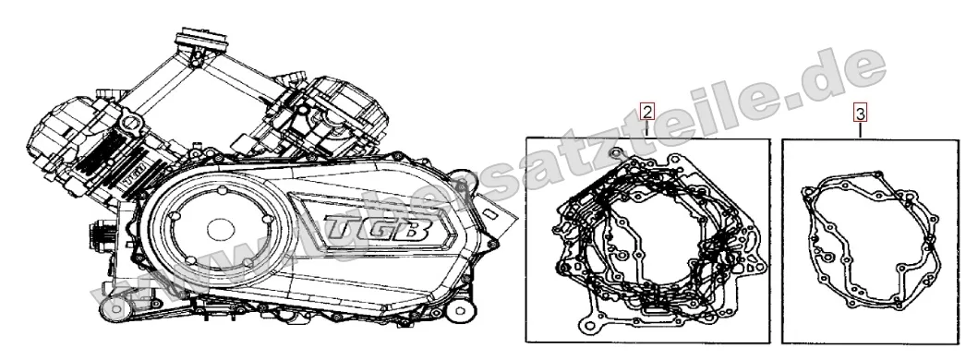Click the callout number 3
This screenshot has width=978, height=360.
pyautogui.click(x=859, y=114)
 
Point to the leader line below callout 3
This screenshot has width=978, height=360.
pyautogui.click(x=860, y=131)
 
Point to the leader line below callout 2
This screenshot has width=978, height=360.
pyautogui.click(x=648, y=131)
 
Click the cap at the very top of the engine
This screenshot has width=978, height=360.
pyautogui.click(x=199, y=41)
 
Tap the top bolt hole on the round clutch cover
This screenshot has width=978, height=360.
pyautogui.click(x=223, y=191)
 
